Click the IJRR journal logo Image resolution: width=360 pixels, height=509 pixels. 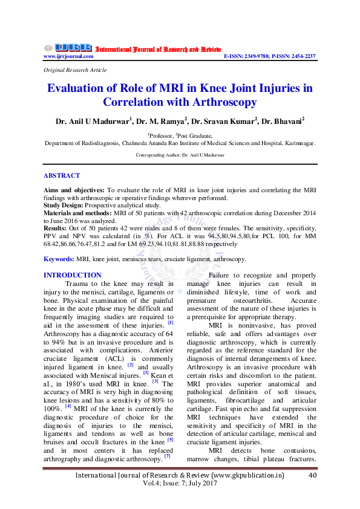[x=67, y=48]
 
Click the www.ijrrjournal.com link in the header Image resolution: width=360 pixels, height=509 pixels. [x=68, y=56]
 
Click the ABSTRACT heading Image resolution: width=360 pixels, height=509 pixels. [x=62, y=176]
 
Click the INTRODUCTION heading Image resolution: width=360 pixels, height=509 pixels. [x=73, y=275]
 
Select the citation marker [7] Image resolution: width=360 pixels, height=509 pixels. [x=168, y=455]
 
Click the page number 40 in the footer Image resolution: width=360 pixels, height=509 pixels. [x=313, y=476]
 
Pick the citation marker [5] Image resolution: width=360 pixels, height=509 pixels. [x=171, y=439]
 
